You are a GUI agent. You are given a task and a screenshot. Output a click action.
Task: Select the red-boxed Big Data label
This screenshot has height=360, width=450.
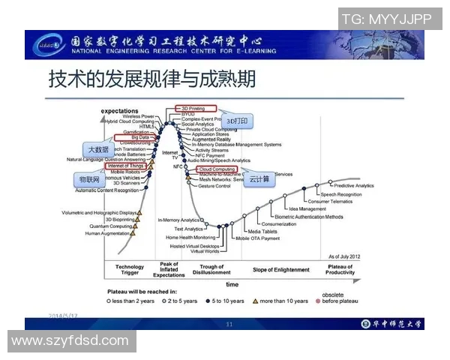pos(139,138)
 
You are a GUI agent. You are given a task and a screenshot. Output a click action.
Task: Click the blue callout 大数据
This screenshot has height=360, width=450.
pos(100,149)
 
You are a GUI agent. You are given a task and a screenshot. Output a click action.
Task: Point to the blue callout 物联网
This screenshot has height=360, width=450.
pos(91,181)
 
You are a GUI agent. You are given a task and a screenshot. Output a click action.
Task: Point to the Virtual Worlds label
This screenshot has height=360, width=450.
pos(205,251)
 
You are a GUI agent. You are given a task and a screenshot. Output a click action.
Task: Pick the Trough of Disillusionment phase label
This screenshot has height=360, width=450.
pos(212,270)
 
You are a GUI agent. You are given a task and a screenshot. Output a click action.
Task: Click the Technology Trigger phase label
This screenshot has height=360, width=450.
pos(130,270)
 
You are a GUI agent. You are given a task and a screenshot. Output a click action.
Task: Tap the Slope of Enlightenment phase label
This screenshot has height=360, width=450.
pos(281,270)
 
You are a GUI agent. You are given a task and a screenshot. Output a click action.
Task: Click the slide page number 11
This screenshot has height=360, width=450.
pos(230,324)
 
